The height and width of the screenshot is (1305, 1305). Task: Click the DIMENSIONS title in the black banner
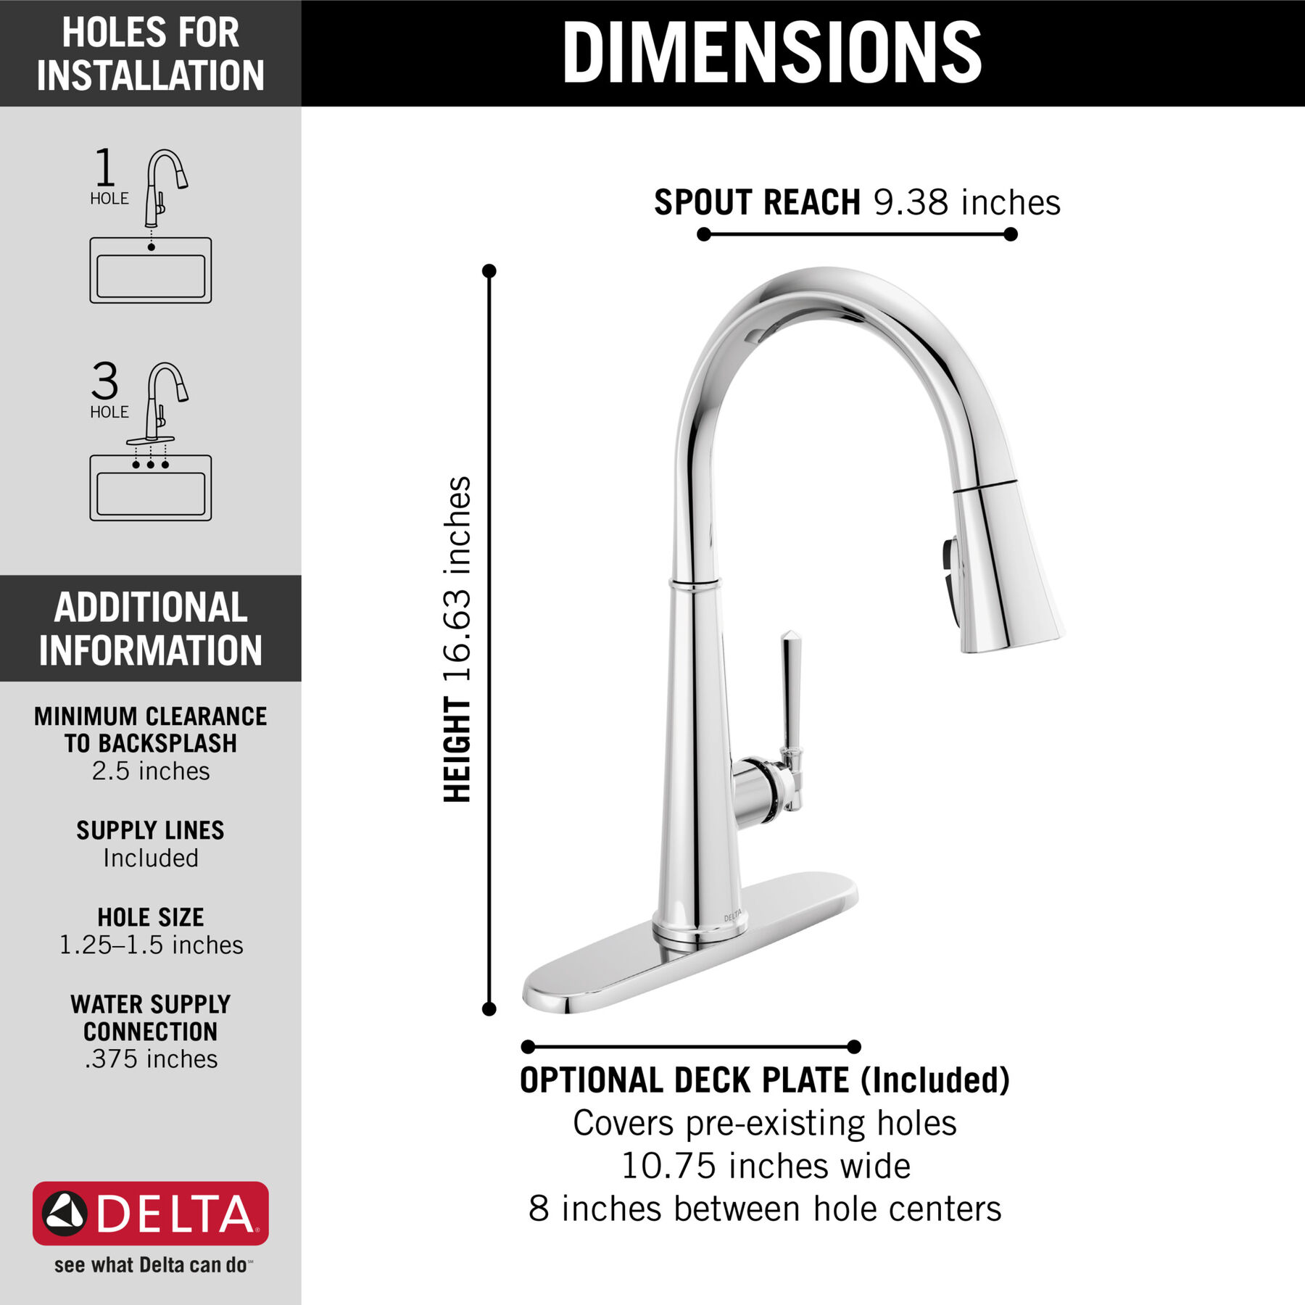pyautogui.click(x=771, y=52)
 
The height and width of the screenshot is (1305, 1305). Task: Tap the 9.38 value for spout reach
pyautogui.click(x=910, y=202)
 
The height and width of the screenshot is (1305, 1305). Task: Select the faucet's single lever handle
pyautogui.click(x=790, y=696)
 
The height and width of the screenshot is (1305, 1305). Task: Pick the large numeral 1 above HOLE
pyautogui.click(x=105, y=167)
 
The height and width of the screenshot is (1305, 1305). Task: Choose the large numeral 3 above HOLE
pyautogui.click(x=105, y=381)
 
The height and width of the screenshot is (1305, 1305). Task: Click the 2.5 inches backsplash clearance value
pyautogui.click(x=151, y=771)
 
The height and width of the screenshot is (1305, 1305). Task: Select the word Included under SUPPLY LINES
pyautogui.click(x=151, y=858)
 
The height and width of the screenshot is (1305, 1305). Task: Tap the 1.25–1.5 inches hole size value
pyautogui.click(x=151, y=945)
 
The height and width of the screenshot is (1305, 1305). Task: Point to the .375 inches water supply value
pyautogui.click(x=151, y=1058)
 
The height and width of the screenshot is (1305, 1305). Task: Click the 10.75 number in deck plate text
pyautogui.click(x=668, y=1167)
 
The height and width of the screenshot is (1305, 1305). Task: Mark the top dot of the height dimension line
pyautogui.click(x=489, y=271)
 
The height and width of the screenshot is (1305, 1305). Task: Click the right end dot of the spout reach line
pyautogui.click(x=1011, y=234)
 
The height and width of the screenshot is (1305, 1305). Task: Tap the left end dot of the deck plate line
pyautogui.click(x=528, y=1046)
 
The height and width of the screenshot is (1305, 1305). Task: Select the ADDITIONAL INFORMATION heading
pyautogui.click(x=151, y=629)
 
